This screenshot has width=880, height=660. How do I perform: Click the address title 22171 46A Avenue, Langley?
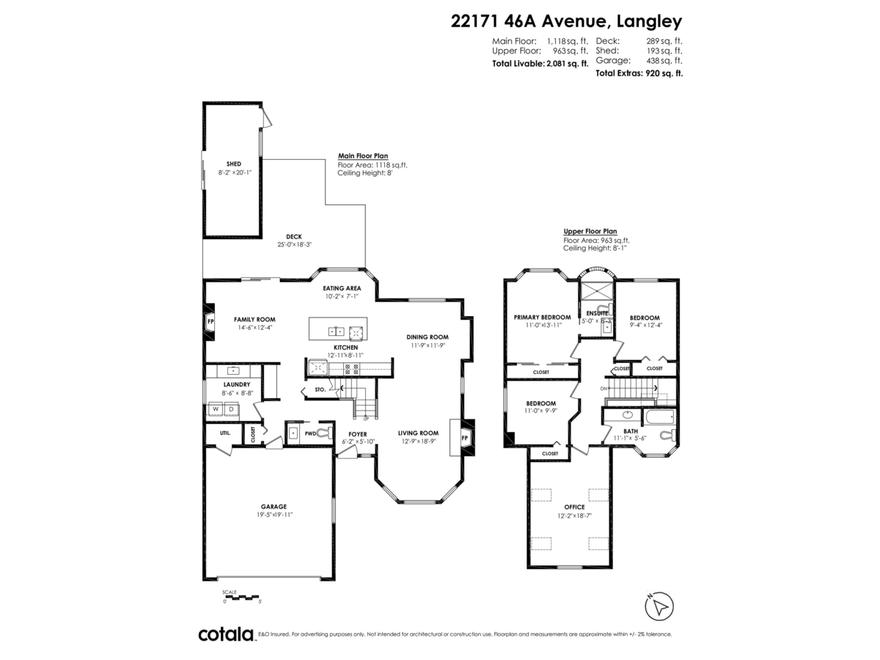[x=566, y=21]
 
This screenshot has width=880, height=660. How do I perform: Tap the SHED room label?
[x=233, y=164]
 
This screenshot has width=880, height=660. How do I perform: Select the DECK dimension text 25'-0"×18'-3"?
[x=294, y=245]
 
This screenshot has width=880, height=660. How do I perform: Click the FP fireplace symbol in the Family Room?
[x=210, y=322]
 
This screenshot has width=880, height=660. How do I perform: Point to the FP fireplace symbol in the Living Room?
[x=463, y=438]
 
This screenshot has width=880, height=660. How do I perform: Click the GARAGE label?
[x=274, y=506]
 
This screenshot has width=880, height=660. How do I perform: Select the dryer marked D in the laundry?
[x=231, y=409]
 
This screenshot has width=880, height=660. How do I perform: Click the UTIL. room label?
[x=224, y=433]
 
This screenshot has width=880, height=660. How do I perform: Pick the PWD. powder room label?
[x=310, y=433]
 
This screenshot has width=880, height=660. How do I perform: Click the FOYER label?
[x=357, y=434]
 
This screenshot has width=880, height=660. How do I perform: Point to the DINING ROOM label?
[x=427, y=337]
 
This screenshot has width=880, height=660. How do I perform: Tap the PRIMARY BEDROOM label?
[x=541, y=317]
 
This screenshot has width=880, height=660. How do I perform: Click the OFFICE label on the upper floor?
[x=574, y=507]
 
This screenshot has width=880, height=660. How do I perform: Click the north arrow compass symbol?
[x=659, y=606]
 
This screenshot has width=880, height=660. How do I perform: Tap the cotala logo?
[x=225, y=634]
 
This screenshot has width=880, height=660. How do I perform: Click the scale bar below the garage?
[x=242, y=597]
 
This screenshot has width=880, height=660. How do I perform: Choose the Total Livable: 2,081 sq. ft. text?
[x=540, y=64]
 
